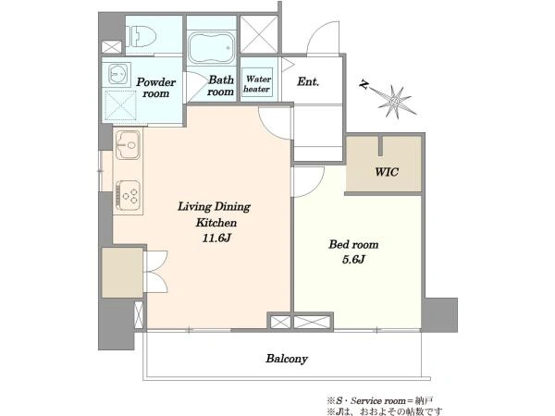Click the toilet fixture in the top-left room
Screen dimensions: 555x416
pos(143,36)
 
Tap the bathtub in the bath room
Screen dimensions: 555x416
pos(211,48)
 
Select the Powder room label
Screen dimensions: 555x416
pos(155,88)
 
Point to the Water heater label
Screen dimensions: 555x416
pos(257,84)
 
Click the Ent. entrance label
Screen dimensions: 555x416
pos(308,81)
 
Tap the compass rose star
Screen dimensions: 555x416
pos(394,102)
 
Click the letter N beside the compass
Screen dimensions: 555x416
pos(364,84)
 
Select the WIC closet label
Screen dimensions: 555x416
pos(387,172)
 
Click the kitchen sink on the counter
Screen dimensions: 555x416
pos(128,145)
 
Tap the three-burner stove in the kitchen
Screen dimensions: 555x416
pos(129,195)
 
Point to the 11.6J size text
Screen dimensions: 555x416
pos(216,238)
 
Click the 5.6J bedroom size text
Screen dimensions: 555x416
pos(353,260)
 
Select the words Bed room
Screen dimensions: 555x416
pos(353,244)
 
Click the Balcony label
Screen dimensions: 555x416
pos(287,359)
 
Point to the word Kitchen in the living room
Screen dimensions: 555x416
pos(216,223)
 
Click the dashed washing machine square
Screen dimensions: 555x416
pos(120,105)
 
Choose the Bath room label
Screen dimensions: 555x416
pos(221,86)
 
